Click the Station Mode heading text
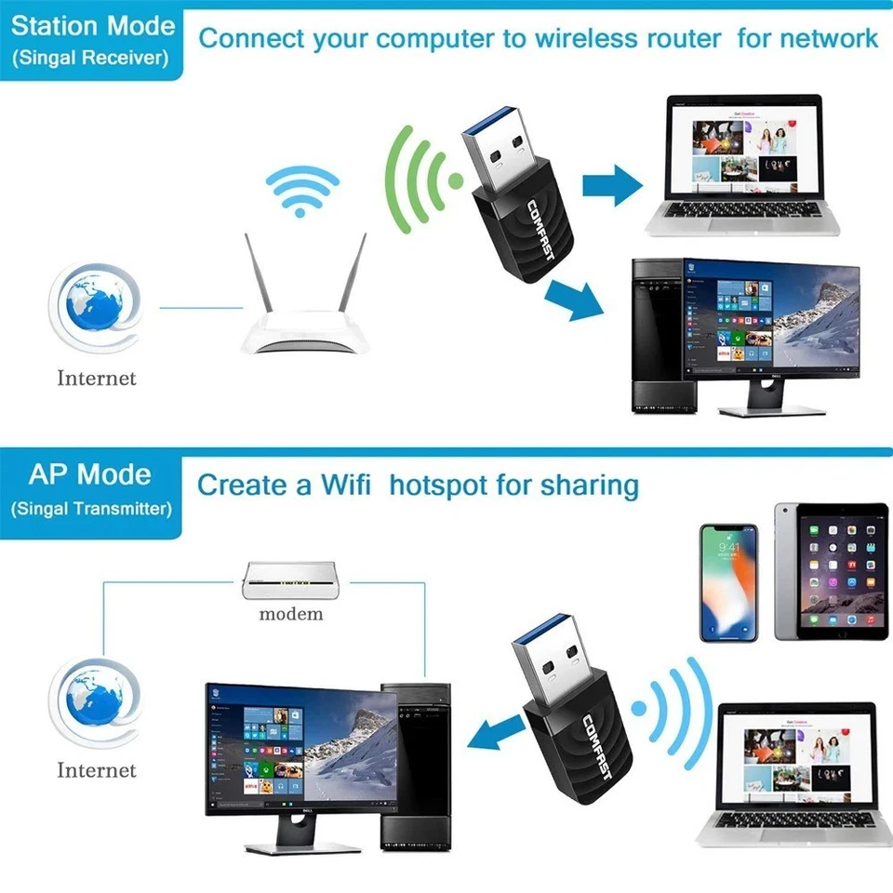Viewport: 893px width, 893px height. (93, 25)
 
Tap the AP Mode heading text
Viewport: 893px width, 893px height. (90, 473)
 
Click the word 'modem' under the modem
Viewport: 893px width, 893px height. (291, 613)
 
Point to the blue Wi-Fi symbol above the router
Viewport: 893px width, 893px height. (299, 192)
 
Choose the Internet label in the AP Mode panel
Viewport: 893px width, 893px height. (97, 770)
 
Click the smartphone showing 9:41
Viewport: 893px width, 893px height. (729, 582)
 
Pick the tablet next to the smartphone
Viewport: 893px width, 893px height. (831, 572)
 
